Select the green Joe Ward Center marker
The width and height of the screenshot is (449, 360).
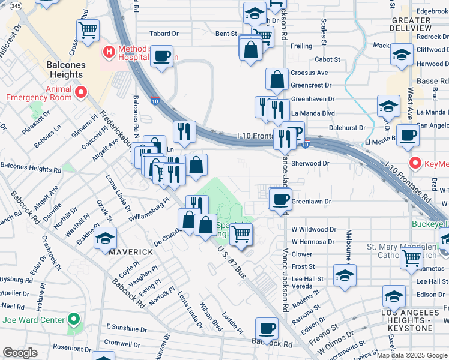(x=74, y=319)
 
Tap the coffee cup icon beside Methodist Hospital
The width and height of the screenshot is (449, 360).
(x=161, y=56)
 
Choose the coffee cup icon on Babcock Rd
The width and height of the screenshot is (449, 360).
(x=267, y=328)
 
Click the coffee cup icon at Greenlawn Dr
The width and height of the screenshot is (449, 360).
(x=280, y=199)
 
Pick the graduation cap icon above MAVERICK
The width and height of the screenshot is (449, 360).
(x=105, y=238)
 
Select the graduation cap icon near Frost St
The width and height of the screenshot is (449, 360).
(x=345, y=275)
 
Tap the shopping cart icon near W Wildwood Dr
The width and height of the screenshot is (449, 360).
(x=241, y=233)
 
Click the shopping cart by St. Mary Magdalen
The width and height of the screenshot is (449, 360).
(x=411, y=258)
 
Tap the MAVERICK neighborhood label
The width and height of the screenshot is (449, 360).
(x=131, y=252)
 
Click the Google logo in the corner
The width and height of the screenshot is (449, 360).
(x=20, y=353)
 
